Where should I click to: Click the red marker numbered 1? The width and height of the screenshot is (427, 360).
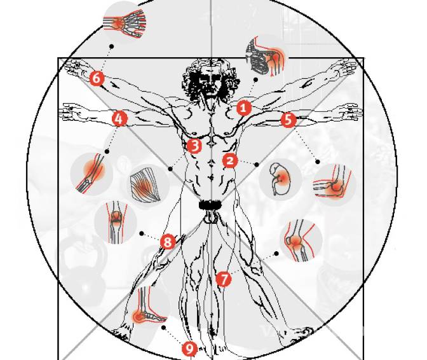click(x=244, y=108)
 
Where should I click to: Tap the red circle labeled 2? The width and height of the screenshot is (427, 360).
click(x=230, y=160)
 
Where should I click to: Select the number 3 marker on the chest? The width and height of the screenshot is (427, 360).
click(x=194, y=146)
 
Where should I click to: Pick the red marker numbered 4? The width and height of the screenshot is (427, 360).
click(x=119, y=118)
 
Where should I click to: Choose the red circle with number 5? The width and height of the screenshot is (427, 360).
click(x=288, y=120)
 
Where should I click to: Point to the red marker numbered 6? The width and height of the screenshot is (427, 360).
click(x=97, y=78)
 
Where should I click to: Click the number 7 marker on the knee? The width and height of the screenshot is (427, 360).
click(x=224, y=279)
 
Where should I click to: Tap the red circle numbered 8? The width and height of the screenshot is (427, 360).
click(x=168, y=242)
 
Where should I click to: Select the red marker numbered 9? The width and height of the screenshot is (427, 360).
click(x=189, y=349)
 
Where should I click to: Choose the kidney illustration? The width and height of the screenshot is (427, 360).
click(x=280, y=179)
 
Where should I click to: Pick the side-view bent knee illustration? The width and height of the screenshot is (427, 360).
click(x=299, y=241)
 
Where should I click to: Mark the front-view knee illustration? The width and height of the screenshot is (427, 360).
click(x=116, y=222)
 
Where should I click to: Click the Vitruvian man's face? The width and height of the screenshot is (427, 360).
click(x=210, y=82)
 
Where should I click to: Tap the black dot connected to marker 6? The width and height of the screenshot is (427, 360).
click(x=111, y=46)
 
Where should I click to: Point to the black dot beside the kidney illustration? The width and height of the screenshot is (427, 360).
click(x=257, y=164)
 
